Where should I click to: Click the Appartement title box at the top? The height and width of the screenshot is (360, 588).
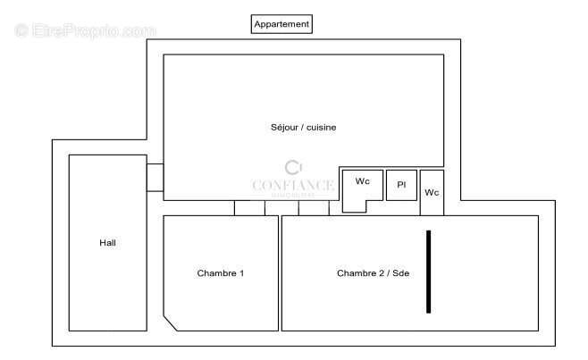(281, 24)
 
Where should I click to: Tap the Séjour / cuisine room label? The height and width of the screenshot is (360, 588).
(303, 128)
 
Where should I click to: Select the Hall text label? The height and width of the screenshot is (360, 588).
(107, 243)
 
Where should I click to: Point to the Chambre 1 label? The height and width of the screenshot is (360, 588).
(221, 273)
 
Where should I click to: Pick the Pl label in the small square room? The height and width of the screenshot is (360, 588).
(401, 185)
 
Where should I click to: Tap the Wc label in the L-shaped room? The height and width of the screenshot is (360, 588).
(362, 181)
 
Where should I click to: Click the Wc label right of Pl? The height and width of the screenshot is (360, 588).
(432, 192)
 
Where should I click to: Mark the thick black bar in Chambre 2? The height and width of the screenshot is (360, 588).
(428, 272)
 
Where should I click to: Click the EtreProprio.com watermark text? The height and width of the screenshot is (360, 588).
(86, 30)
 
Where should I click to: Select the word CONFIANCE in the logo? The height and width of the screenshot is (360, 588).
(293, 186)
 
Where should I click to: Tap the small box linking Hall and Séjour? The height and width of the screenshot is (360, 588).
(155, 177)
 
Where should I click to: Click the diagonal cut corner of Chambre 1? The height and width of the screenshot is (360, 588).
(172, 322)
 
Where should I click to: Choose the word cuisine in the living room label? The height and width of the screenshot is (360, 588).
(322, 128)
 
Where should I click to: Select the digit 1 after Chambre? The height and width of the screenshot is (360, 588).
(241, 273)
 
